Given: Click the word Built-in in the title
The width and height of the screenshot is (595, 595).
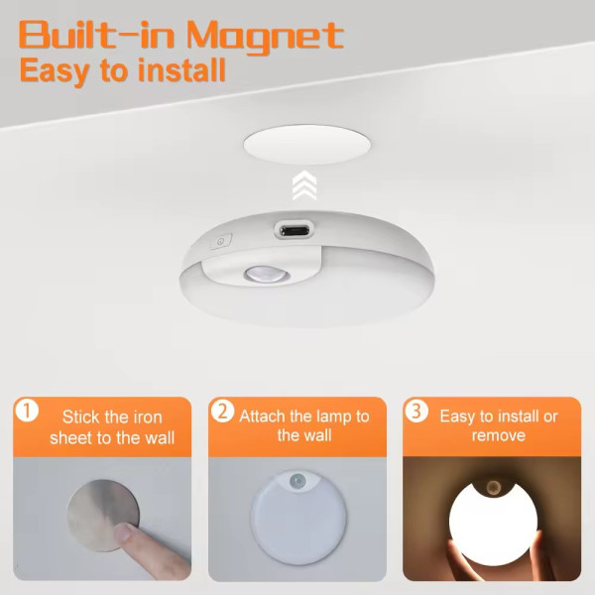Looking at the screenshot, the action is coord(96,35).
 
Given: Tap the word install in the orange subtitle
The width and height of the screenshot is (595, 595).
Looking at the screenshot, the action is coord(181,70).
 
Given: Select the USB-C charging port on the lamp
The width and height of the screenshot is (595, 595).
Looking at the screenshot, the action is coord(295,230).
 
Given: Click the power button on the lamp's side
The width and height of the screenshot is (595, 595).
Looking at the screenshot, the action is coord(221,241).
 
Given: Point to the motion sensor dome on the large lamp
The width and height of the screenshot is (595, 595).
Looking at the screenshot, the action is coord(267,274).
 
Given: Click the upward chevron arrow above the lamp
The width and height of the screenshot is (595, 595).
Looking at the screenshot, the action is coord(304,185).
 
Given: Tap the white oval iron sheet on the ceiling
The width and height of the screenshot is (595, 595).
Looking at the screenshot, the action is coord(306,145).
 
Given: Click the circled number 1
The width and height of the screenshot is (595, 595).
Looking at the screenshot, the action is coord(27,411).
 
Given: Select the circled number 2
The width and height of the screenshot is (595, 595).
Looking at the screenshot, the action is coord(222,411).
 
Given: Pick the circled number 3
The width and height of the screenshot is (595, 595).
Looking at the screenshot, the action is coord(416,411).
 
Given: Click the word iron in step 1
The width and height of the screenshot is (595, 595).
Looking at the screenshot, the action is coord(146,417).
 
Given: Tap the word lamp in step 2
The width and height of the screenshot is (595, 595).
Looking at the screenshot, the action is coord(332,417).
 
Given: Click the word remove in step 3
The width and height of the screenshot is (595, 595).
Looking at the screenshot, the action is coord(498,435).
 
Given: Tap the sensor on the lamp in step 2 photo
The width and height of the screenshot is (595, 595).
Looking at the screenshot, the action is coord(297,482).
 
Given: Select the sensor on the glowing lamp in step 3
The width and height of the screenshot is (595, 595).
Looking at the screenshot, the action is coord(493,486).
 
